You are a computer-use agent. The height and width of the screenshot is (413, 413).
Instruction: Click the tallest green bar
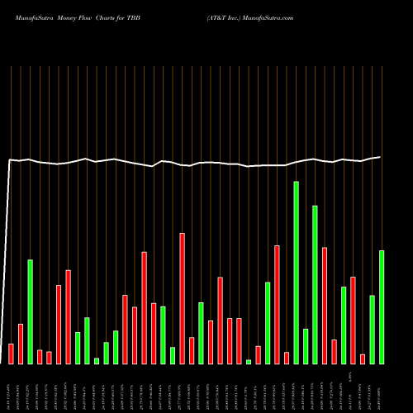(x=296, y=273)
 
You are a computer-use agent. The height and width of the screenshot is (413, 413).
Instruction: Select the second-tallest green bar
(x=315, y=285)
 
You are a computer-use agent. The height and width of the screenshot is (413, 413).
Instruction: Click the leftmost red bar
(x=11, y=354)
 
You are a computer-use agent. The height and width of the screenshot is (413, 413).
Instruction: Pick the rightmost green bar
(x=381, y=306)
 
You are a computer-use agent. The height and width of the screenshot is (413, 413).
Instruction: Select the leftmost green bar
(x=30, y=311)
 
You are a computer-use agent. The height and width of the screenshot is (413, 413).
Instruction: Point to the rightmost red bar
(x=363, y=358)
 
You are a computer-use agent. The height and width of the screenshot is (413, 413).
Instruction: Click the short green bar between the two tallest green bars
(x=306, y=346)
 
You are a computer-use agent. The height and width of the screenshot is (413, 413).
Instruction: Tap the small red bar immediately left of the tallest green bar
(x=287, y=358)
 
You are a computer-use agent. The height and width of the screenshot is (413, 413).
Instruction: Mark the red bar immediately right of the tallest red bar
(x=192, y=350)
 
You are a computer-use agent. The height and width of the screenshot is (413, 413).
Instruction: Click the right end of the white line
(x=380, y=157)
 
